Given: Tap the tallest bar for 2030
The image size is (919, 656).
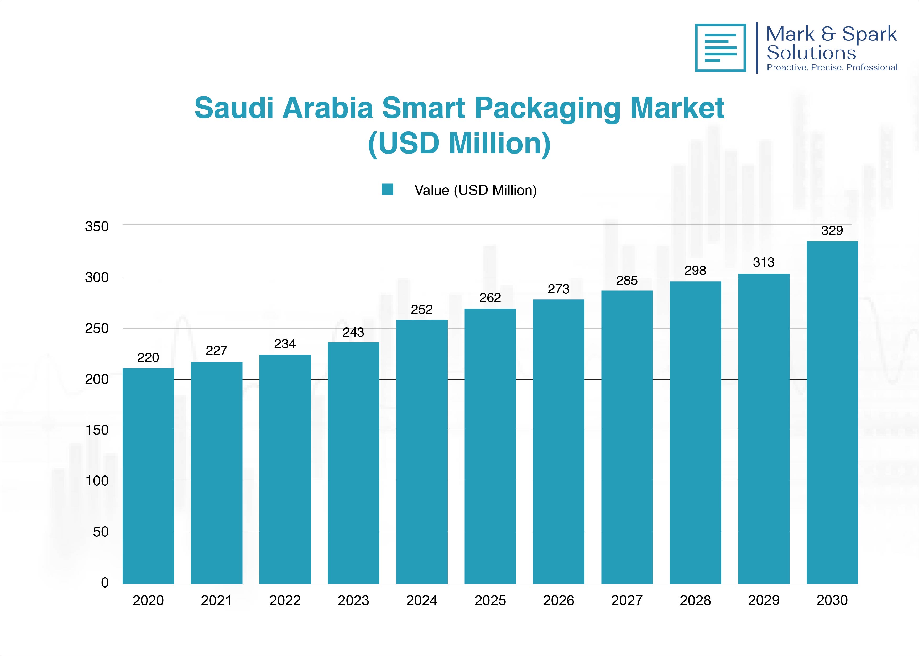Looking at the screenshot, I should point(832,412).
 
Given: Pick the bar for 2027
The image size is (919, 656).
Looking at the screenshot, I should point(627,437).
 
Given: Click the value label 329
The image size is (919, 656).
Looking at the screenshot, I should point(832,231).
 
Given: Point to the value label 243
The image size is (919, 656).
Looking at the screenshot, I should point(353,332).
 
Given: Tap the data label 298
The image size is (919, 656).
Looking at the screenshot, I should point(695,270).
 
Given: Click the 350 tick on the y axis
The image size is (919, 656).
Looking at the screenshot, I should point(97,227).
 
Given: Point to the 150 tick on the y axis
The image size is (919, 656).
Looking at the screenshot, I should point(97,430).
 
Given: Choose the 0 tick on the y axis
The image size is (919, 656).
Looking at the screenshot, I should point(105,583).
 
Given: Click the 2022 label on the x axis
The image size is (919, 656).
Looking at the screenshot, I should point(285,601).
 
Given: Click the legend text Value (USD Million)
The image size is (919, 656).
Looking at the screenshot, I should point(475,190).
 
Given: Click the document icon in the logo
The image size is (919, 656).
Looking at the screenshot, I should point(720,48).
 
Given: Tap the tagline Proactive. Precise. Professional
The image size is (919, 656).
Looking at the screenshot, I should point(832,67).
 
